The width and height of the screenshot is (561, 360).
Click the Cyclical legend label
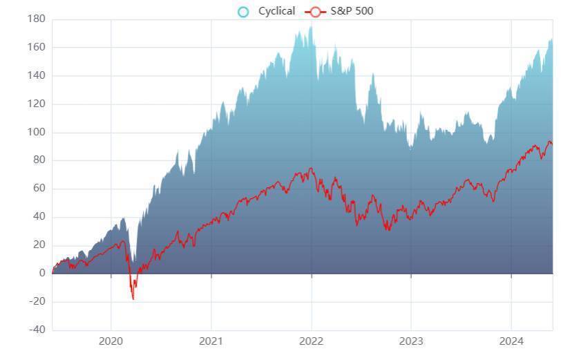(x=276, y=11)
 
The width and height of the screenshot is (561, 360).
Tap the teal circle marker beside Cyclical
(x=243, y=11)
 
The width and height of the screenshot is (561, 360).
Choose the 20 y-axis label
(x=40, y=245)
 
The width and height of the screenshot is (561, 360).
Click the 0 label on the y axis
(x=42, y=274)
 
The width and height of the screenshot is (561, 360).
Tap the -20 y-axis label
(x=38, y=302)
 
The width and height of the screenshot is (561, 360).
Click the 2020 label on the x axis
(x=111, y=341)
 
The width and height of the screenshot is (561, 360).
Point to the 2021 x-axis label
(x=211, y=341)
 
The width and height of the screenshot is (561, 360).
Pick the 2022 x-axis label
(x=311, y=341)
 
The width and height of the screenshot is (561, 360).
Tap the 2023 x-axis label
(x=411, y=341)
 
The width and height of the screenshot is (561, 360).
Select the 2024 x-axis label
(x=511, y=341)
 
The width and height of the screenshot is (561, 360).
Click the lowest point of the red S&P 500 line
(x=133, y=299)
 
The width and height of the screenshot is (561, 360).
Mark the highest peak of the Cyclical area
(x=311, y=27)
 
